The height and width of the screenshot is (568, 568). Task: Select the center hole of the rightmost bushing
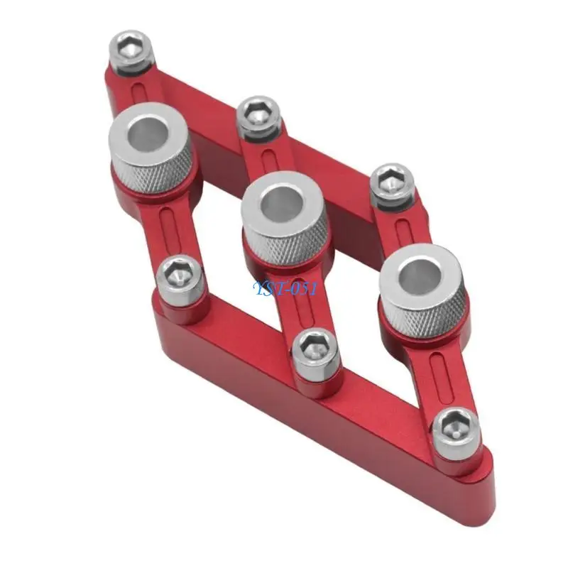pyautogui.click(x=422, y=275)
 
